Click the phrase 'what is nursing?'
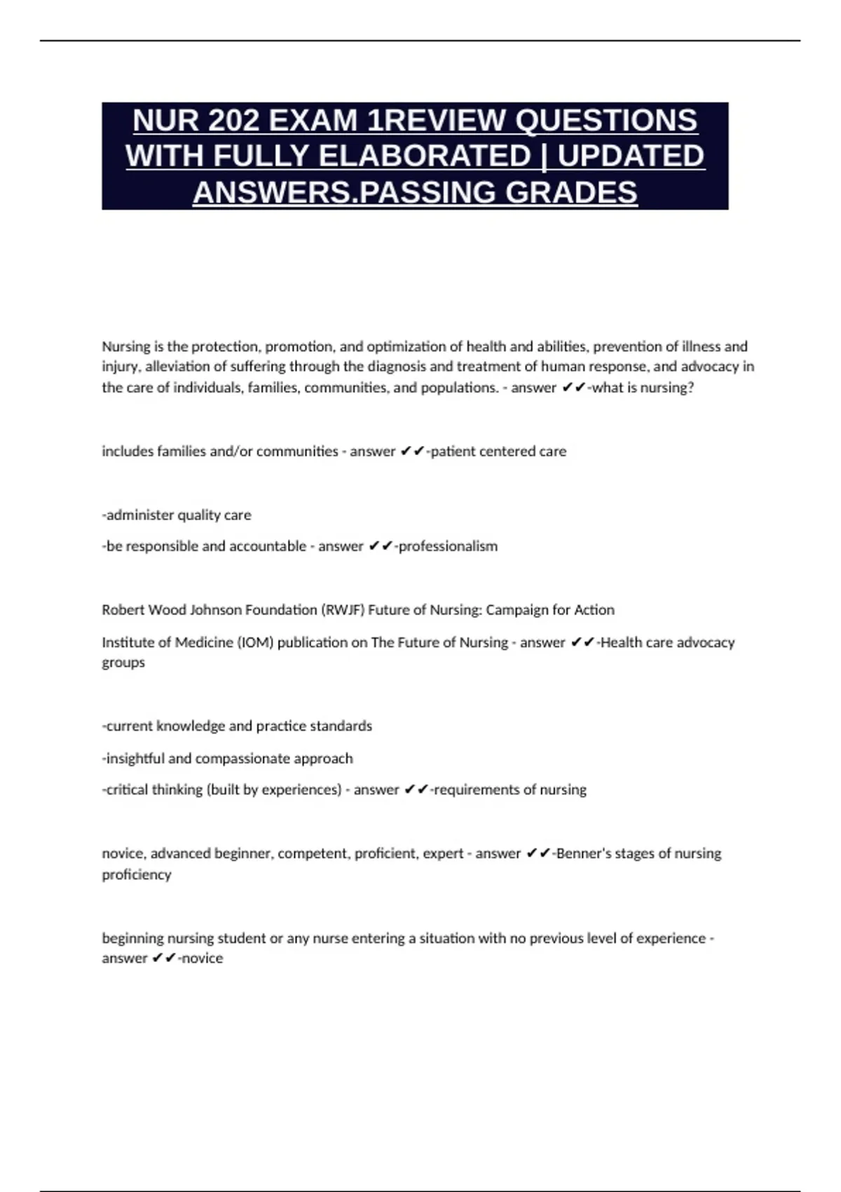tap(643, 387)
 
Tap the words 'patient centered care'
tap(498, 452)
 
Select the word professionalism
tap(448, 546)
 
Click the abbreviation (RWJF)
tap(342, 610)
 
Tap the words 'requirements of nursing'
tap(510, 790)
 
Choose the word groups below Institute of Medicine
tap(123, 663)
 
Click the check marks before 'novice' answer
tap(164, 958)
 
